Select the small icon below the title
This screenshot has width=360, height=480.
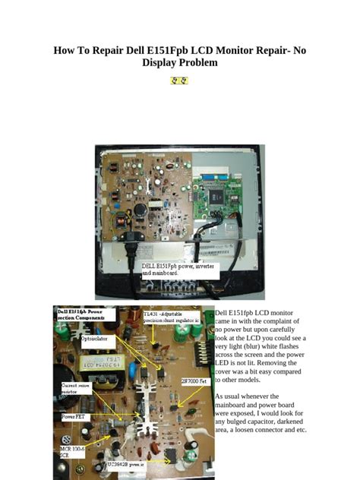(180, 80)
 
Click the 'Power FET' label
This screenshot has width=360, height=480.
(74, 417)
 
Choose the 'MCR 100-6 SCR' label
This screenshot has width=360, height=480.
(71, 453)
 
